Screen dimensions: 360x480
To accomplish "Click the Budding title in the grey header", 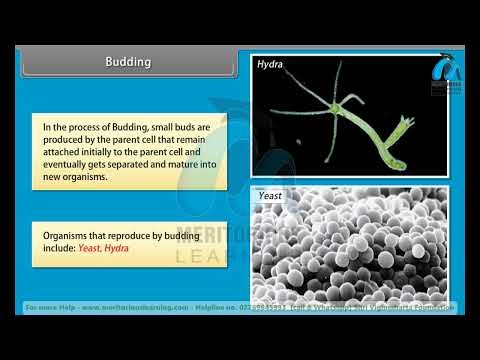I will [128, 62].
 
